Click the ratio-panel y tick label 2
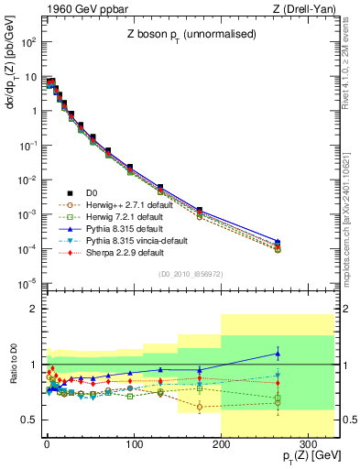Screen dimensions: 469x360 coord(34,309)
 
